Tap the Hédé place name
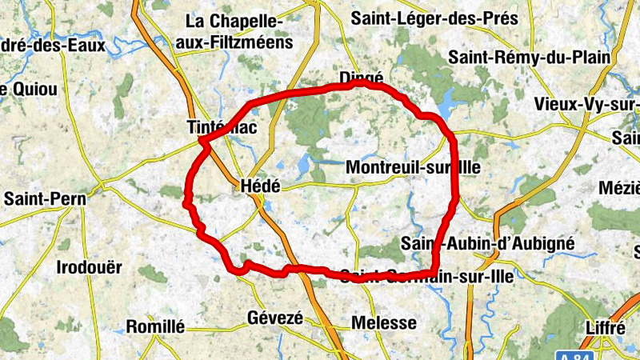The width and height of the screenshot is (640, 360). point(260,186)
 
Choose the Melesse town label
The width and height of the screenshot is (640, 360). point(384,323)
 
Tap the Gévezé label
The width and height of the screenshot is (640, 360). point(275,318)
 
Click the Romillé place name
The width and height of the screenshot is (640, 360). point(155,326)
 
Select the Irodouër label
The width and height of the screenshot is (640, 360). point(89,267)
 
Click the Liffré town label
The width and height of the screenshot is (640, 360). point(605,328)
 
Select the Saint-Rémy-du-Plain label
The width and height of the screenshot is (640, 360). point(529,57)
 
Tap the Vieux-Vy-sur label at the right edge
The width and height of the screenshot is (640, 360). point(587,106)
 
